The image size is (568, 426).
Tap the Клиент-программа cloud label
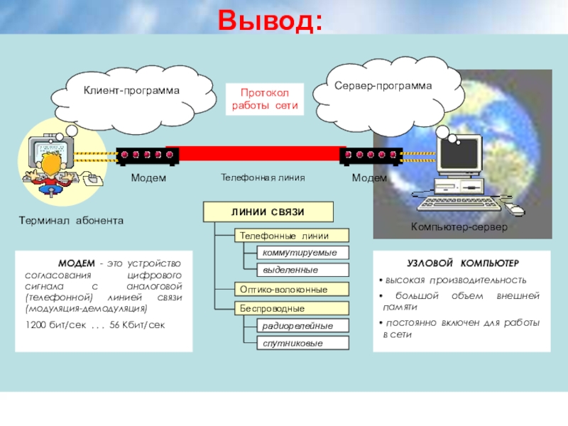[x=132, y=91]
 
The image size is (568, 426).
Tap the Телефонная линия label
[x=262, y=177]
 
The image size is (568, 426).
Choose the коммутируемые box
[x=304, y=253]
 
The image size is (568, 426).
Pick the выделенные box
[x=304, y=271]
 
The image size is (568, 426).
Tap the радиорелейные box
[x=304, y=326]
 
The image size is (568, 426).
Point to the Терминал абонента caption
[x=71, y=221]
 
